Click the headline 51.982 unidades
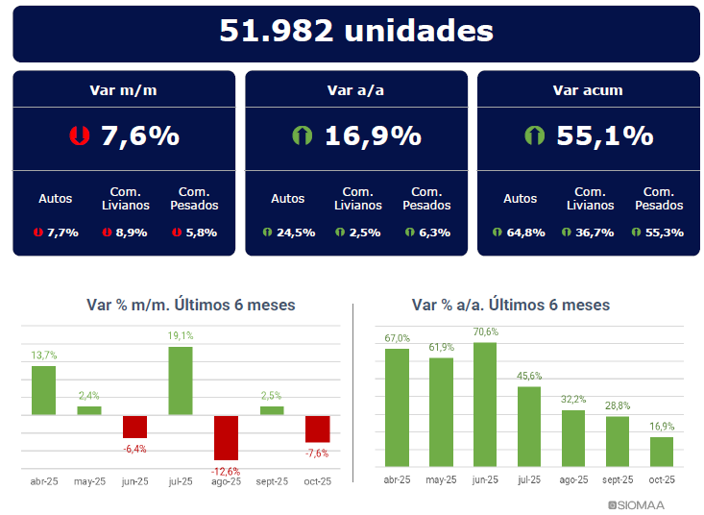coord(356,32)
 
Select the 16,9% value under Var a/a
coord(372,135)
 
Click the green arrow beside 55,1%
coord(534,135)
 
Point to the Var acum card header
coord(588,90)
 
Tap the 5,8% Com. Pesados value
coord(201,233)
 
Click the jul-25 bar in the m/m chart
coord(181,380)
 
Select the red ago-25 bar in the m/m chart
coord(226,438)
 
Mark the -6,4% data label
coord(134,449)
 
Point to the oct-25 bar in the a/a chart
coord(662,452)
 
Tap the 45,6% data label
coord(529,376)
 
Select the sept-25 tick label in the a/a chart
coord(618,480)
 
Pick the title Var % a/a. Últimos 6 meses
coord(510,305)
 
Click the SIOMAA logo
coord(636,504)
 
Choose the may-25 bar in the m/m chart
coord(89,410)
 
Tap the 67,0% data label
coord(398,338)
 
